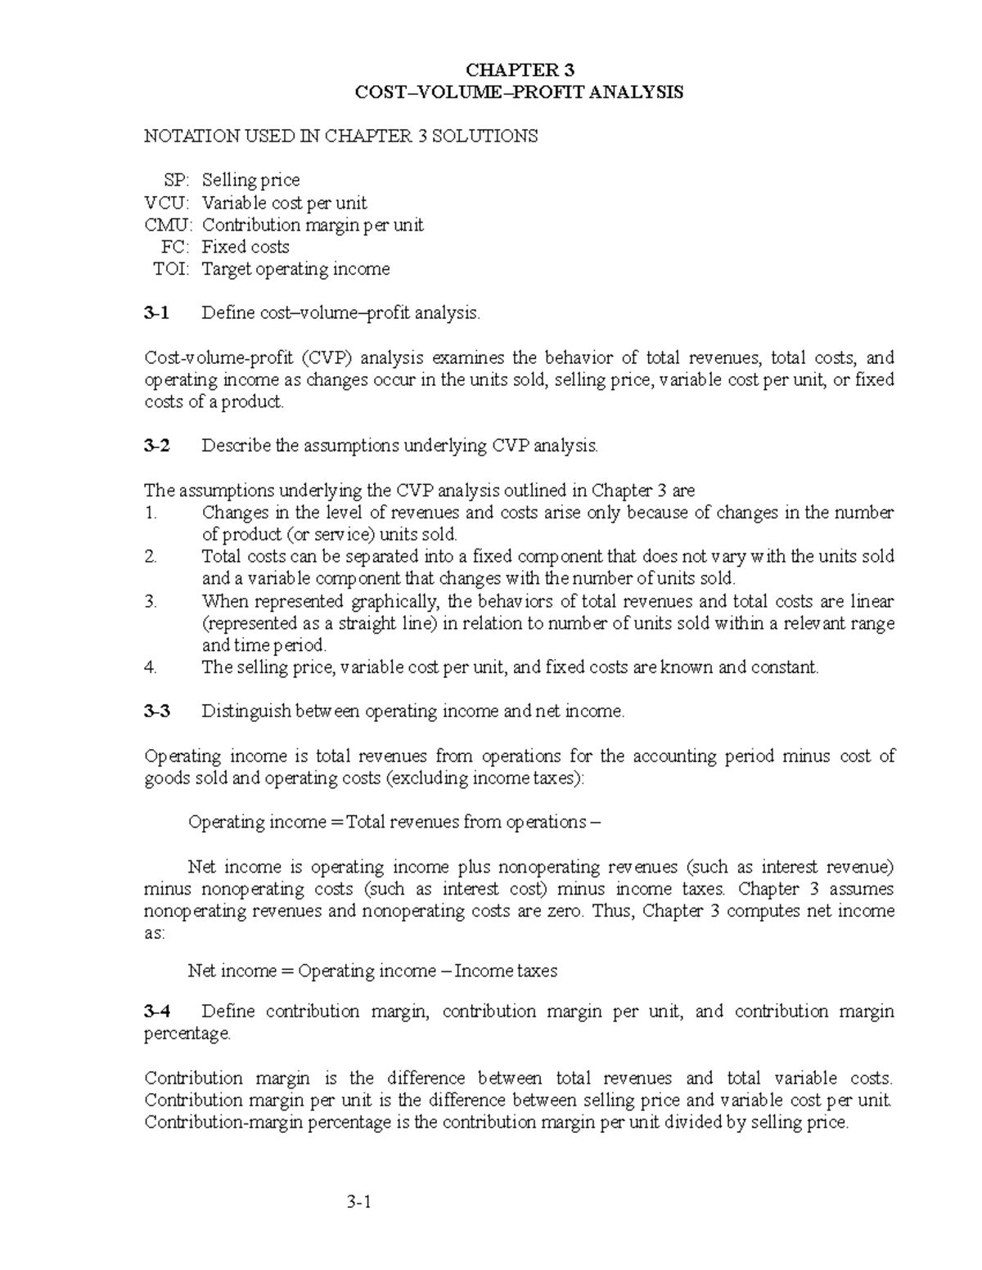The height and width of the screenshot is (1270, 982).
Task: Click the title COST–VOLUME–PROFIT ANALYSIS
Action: coord(519,92)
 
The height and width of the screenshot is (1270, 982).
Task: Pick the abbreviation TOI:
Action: coord(171,269)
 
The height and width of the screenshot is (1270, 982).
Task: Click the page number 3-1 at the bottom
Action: coord(358,1202)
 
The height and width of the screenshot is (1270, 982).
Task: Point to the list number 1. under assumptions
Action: coord(150,513)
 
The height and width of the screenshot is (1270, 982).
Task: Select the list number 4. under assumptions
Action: coord(150,667)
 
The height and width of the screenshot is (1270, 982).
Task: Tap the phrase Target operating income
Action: coord(295,269)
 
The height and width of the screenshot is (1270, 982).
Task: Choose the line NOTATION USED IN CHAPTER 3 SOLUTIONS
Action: coord(340,136)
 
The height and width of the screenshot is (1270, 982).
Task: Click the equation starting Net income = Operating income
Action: coord(372,971)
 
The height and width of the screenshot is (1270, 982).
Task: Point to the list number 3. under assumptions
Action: coord(150,601)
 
